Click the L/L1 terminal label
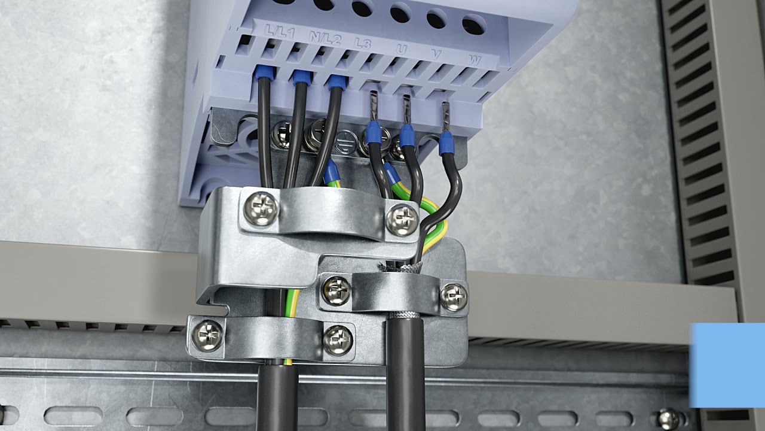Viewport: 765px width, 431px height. coord(279,32)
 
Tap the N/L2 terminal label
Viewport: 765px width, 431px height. coord(325,38)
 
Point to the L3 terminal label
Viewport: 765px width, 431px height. coord(363,44)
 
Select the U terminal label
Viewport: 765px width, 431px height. coord(402,50)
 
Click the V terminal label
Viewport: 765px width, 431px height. coord(436,54)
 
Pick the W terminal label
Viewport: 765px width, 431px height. coord(475,60)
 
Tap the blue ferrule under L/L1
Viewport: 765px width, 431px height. coord(264,72)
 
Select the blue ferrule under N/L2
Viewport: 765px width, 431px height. coord(301,78)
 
